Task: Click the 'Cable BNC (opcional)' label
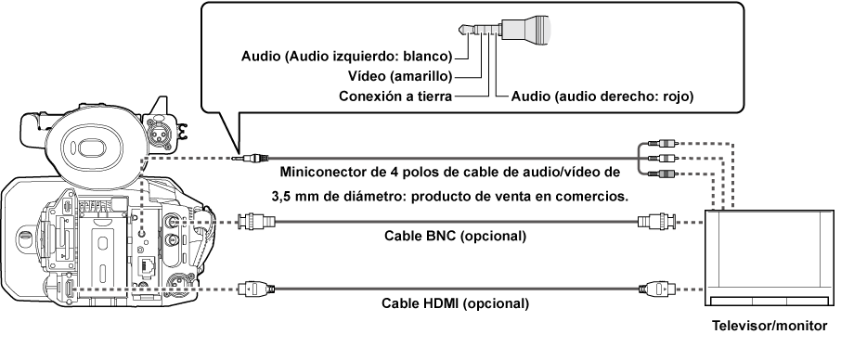pyautogui.click(x=455, y=236)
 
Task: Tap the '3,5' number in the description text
pyautogui.click(x=281, y=198)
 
